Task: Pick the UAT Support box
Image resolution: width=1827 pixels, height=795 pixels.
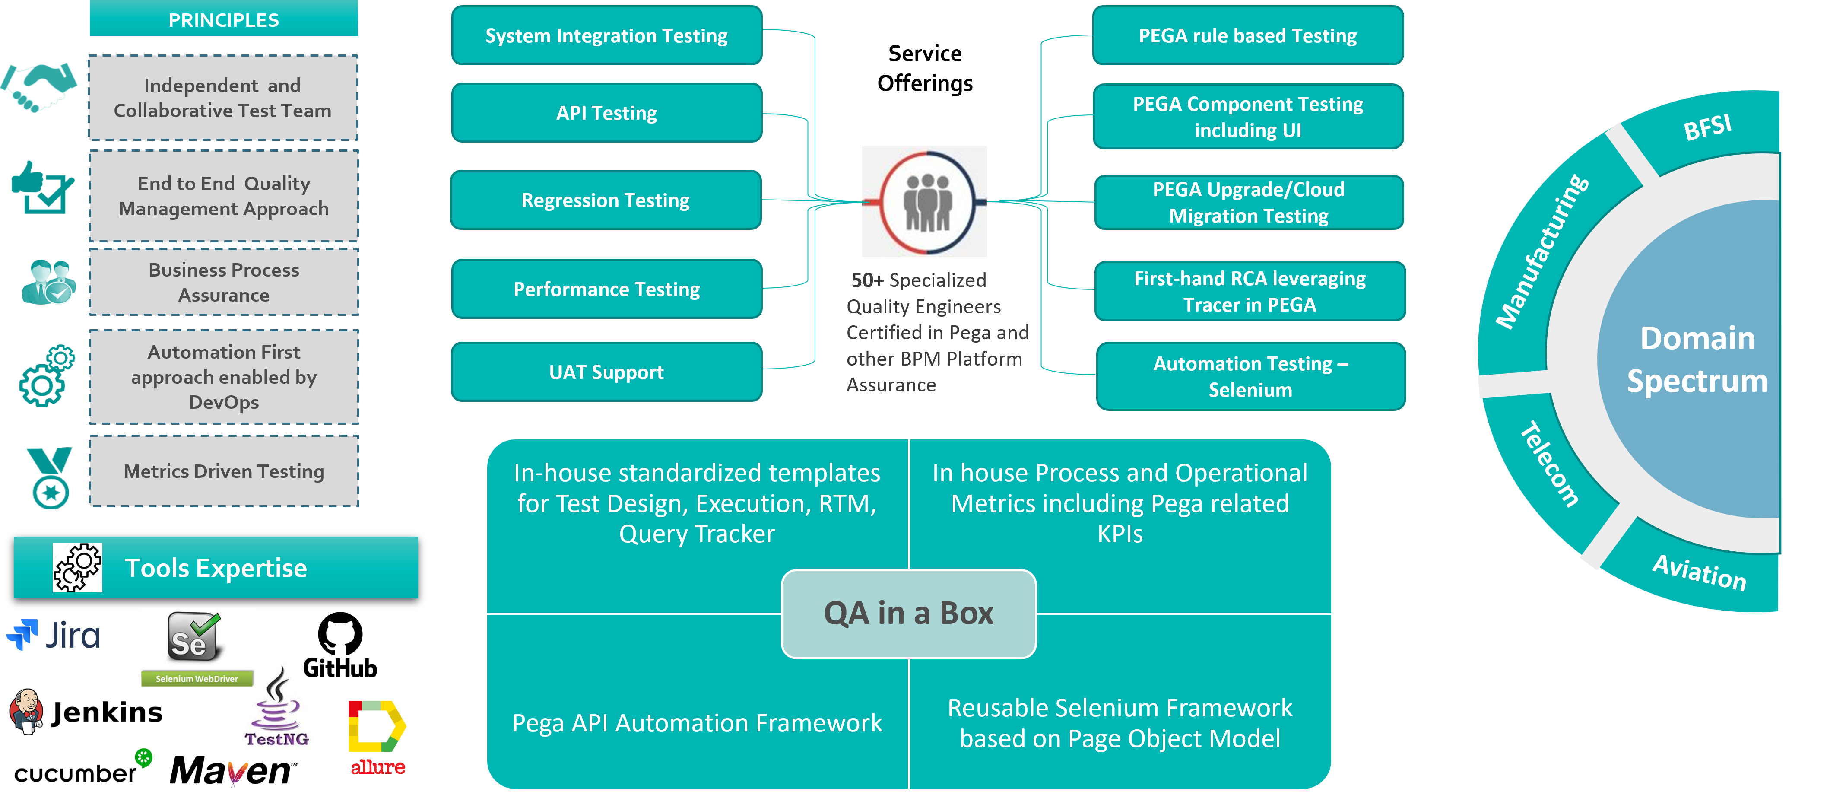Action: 606,372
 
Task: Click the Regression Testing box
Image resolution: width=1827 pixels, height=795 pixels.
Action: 605,200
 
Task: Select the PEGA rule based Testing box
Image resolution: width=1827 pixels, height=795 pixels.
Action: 1247,35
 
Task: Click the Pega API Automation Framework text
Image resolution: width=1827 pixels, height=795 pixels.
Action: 697,723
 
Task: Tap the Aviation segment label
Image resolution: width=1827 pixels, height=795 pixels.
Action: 1699,572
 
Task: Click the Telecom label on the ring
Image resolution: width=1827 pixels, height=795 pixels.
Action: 1550,464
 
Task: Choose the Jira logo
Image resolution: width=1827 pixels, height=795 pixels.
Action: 53,635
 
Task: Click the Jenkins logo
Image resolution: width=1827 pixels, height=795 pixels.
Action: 85,711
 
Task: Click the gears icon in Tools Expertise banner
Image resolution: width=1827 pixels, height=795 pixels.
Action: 77,567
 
